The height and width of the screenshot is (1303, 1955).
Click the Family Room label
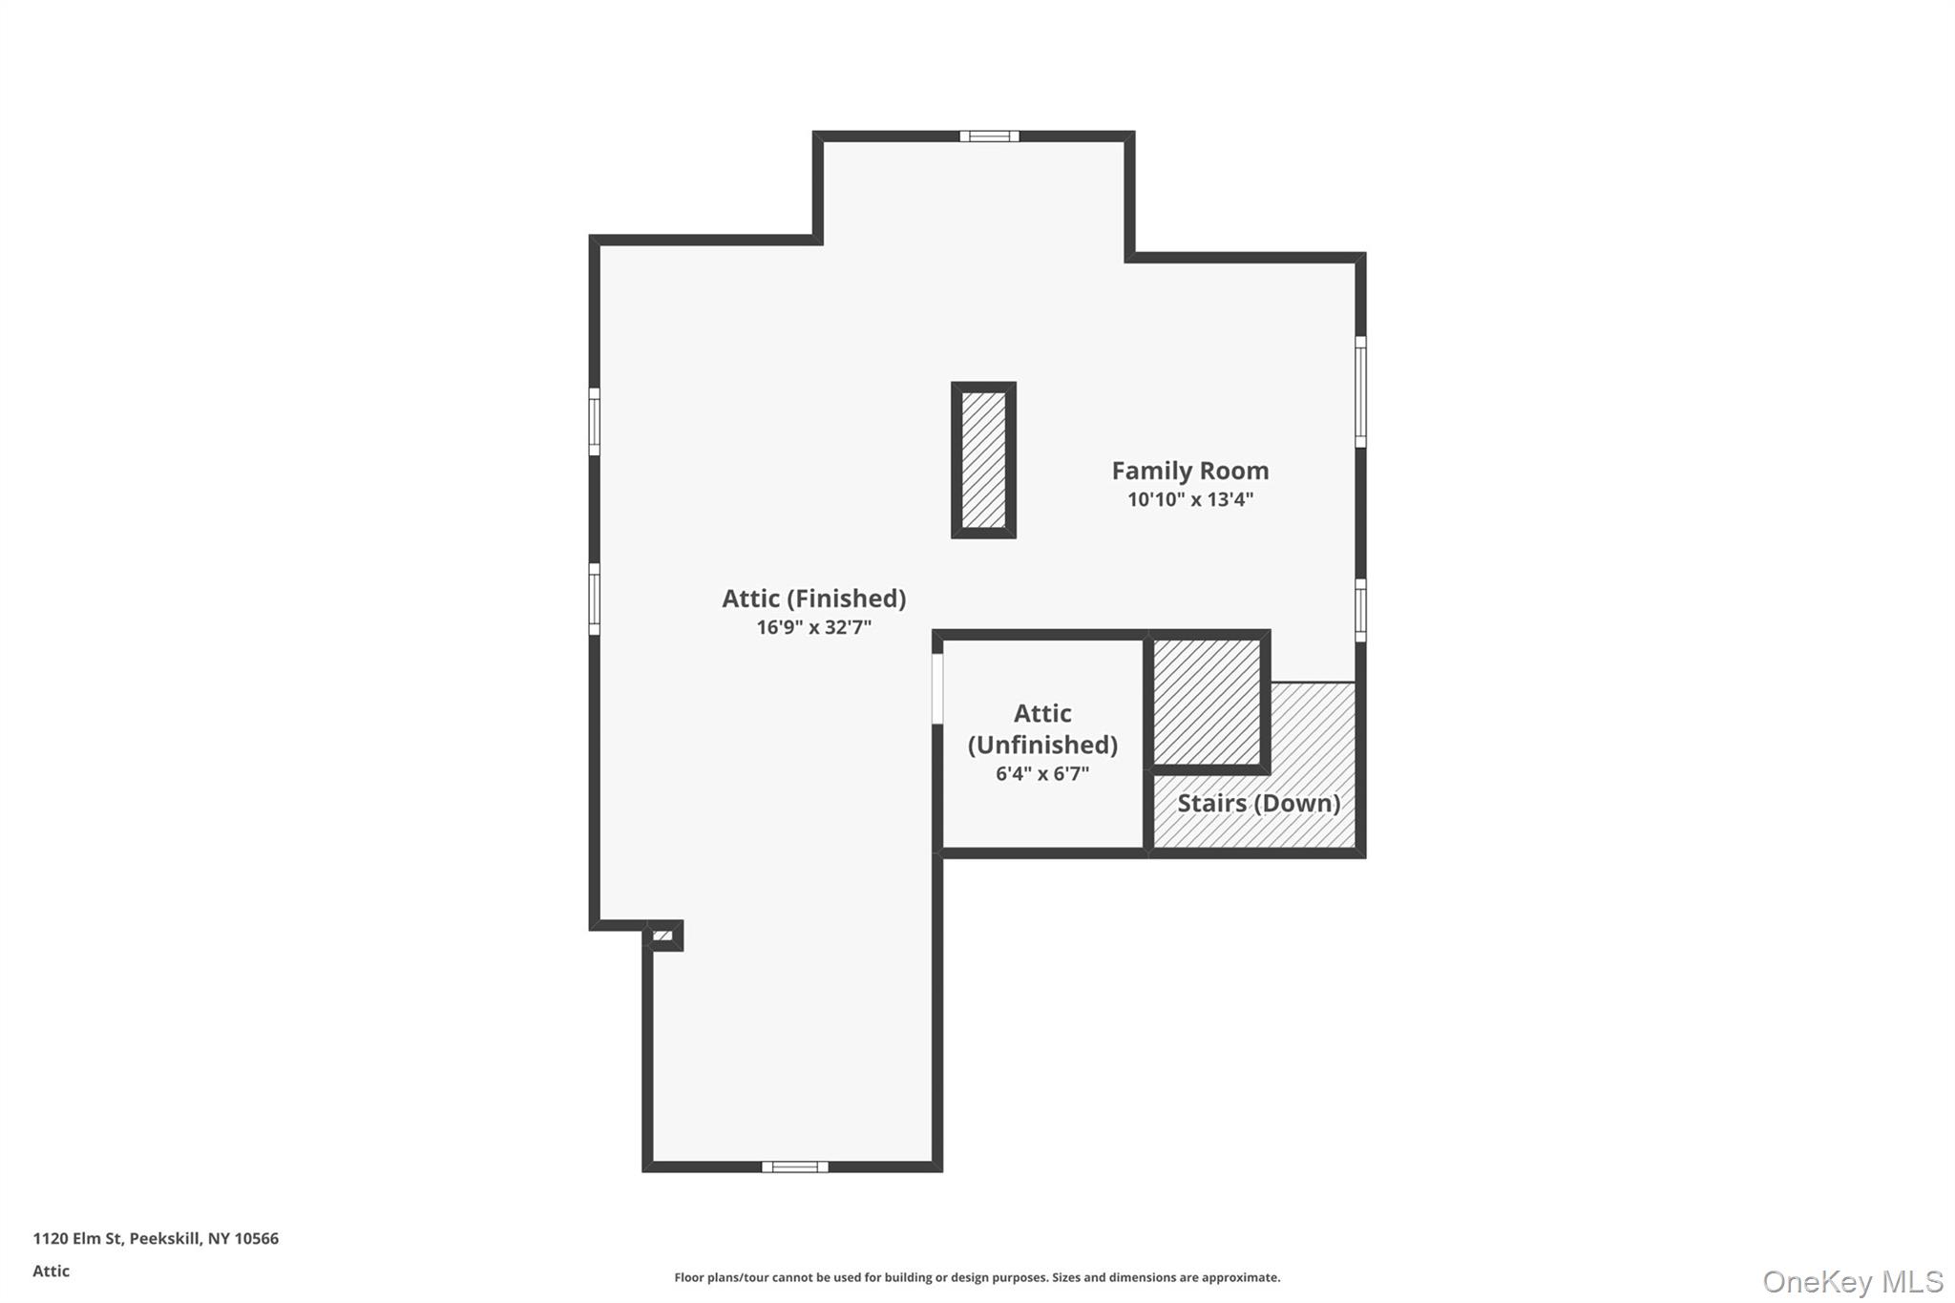(x=1190, y=471)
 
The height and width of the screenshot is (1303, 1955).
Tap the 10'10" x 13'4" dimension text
(x=1190, y=499)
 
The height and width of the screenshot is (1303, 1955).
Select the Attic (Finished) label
(x=814, y=599)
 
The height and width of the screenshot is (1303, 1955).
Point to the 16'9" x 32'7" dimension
(x=814, y=627)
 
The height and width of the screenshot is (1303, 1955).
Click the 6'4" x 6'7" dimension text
(x=1042, y=773)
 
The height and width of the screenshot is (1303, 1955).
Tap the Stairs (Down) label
(x=1259, y=803)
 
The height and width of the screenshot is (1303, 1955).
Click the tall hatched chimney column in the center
(x=983, y=460)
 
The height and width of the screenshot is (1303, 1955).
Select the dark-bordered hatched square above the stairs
(x=1208, y=702)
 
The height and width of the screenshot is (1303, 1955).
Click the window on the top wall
(x=989, y=137)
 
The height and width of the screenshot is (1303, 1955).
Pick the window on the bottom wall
(x=795, y=1166)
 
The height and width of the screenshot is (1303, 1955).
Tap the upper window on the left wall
(x=594, y=421)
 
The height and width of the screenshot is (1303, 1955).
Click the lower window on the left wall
(x=594, y=599)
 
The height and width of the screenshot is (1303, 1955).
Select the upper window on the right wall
(x=1360, y=390)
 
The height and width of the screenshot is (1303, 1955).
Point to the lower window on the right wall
(x=1360, y=610)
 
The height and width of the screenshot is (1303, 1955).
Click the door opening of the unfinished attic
(x=937, y=688)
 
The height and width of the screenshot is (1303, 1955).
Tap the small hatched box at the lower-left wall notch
(x=663, y=935)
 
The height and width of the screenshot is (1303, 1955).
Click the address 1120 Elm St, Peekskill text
(x=156, y=1239)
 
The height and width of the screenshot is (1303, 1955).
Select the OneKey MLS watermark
(x=1853, y=1281)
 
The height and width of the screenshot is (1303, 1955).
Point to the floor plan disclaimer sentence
(x=977, y=1277)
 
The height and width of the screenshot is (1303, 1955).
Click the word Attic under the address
(x=52, y=1271)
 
